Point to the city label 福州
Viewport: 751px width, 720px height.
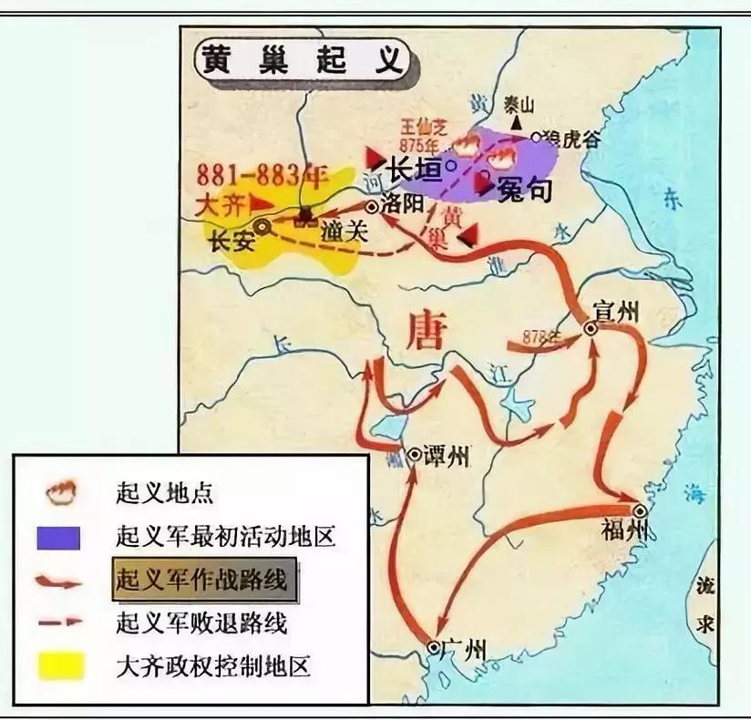623,530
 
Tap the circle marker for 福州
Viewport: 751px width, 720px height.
640,510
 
